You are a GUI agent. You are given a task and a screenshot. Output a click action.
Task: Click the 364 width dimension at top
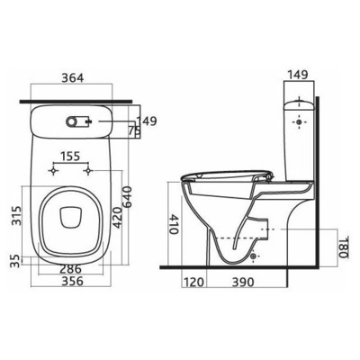(x=72, y=77)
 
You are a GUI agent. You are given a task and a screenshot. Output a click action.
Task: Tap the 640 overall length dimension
(x=127, y=196)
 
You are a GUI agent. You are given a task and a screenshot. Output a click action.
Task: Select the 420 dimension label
(x=117, y=218)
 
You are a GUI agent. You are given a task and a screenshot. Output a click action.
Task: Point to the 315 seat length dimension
(x=17, y=215)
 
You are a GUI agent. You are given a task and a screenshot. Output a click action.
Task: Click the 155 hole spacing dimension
(x=70, y=157)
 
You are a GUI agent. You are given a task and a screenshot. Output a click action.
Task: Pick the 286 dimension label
(x=70, y=268)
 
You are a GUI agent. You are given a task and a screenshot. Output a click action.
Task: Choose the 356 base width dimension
(x=72, y=281)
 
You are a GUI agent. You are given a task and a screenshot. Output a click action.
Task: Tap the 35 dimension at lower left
(x=16, y=261)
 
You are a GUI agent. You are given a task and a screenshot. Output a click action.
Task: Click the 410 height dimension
(x=175, y=224)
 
